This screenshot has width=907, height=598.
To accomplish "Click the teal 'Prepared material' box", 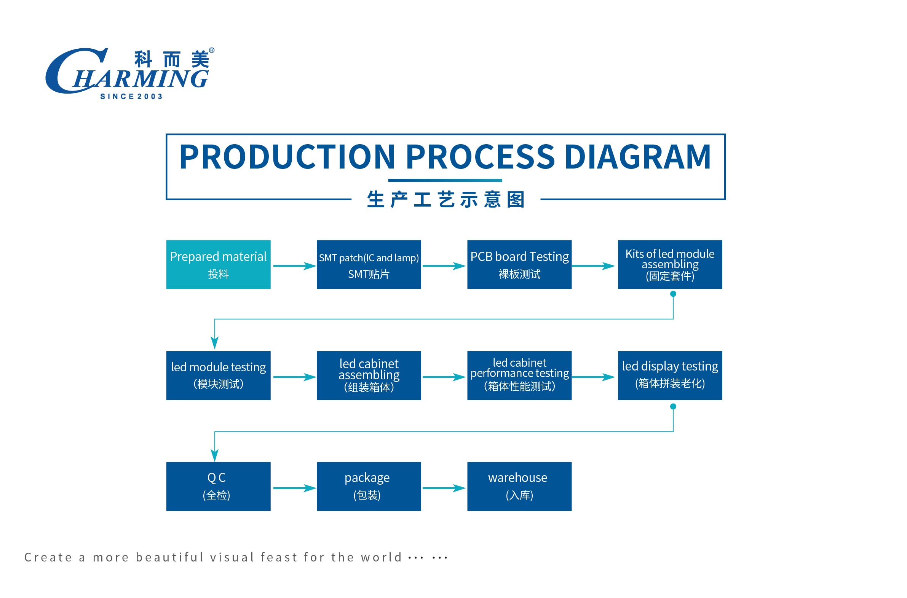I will pyautogui.click(x=218, y=264).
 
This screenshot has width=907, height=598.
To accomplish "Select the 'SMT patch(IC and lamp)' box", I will pyautogui.click(x=369, y=264).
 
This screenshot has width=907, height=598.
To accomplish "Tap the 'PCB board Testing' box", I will pyautogui.click(x=519, y=264).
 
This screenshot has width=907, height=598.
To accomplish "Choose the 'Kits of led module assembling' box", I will pyautogui.click(x=669, y=264).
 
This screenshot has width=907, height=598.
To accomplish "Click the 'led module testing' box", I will pyautogui.click(x=218, y=375).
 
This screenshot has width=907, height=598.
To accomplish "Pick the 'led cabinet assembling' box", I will pyautogui.click(x=369, y=375).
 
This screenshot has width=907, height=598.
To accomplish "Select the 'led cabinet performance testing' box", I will pyautogui.click(x=519, y=375).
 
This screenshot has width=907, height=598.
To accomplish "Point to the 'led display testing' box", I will pyautogui.click(x=669, y=375).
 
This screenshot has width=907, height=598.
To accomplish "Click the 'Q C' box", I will pyautogui.click(x=218, y=486).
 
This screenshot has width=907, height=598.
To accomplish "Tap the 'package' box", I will pyautogui.click(x=369, y=486).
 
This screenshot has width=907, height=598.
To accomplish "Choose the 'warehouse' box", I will pyautogui.click(x=519, y=486).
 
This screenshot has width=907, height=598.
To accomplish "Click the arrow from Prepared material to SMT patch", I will pyautogui.click(x=294, y=266).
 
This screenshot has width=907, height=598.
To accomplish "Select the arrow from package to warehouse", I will pyautogui.click(x=444, y=488).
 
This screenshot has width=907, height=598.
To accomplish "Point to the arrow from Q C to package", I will pyautogui.click(x=294, y=488).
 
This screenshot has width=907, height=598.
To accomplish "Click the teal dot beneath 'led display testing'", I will pyautogui.click(x=673, y=407).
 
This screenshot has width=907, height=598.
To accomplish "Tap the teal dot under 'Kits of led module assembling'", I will pyautogui.click(x=673, y=294).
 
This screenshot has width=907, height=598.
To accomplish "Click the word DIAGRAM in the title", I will pyautogui.click(x=637, y=157).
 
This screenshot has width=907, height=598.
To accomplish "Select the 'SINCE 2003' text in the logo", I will pyautogui.click(x=131, y=97).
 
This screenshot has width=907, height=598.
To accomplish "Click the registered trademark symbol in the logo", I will pyautogui.click(x=212, y=50).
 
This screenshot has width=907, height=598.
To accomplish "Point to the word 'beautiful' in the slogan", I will pyautogui.click(x=170, y=557).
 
